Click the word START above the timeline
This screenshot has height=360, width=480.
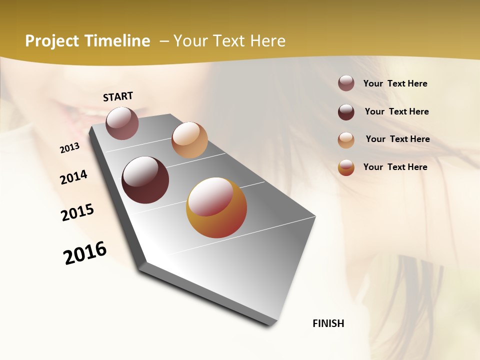[x=118, y=96]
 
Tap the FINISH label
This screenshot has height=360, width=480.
[x=328, y=323]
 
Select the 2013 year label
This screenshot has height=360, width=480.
[x=69, y=148]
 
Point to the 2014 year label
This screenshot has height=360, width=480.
[x=73, y=177]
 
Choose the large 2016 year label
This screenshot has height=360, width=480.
[x=85, y=253]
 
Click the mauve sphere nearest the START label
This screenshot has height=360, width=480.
[x=122, y=123]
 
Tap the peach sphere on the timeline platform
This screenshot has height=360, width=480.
[x=189, y=140]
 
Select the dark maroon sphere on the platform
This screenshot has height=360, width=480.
[x=145, y=180]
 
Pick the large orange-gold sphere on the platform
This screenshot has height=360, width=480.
[x=216, y=207]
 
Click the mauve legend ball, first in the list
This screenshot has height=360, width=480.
[x=346, y=83]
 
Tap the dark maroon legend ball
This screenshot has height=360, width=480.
[x=346, y=112]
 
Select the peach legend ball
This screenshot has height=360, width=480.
[x=346, y=140]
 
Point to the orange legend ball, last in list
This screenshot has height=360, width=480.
[x=346, y=167]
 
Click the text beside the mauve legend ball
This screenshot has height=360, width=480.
[x=395, y=84]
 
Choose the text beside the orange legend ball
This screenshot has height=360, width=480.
[x=395, y=167]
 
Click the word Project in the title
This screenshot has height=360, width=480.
[x=52, y=41]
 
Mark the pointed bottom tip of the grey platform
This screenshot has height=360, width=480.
[x=270, y=324]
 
